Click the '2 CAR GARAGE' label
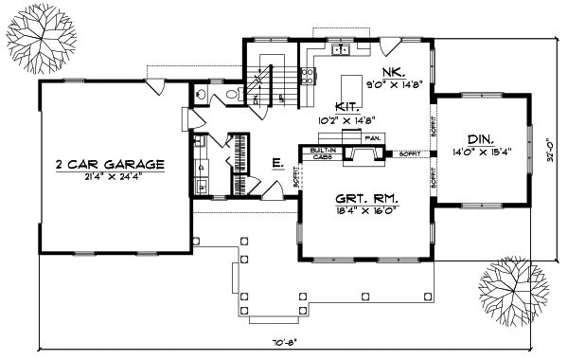(110, 164)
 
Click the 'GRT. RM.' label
(367, 199)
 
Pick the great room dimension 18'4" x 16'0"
(367, 210)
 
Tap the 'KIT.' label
(348, 108)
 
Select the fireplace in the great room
(359, 154)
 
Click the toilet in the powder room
(233, 96)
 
